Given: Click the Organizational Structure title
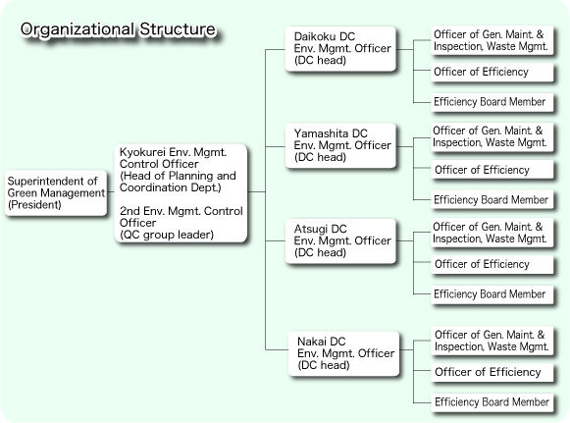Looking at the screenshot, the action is pos(118,29).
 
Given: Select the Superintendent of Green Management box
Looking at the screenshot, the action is pos(56,193).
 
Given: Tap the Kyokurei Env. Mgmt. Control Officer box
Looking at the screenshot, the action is pos(181,193).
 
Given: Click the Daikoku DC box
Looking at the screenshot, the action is pos(340,49).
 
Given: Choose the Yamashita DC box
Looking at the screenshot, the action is pos(340,145).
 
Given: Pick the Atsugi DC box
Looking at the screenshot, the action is pos(340,240).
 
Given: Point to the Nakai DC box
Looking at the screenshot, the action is pos(344,353).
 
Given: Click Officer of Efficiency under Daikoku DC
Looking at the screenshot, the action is pos(492,73).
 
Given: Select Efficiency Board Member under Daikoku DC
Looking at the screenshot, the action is pos(492,102).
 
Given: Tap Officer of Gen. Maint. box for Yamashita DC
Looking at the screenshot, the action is pos(492,137).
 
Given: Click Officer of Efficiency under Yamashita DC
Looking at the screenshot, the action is pos(492,170).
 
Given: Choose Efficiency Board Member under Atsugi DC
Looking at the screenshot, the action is pos(492,294).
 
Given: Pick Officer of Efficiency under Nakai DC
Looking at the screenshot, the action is pos(492,372).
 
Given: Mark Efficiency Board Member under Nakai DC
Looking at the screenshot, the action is pos(492,402).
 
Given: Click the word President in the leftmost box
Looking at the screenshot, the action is pos(34,205).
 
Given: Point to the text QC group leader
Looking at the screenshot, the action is pos(167,235).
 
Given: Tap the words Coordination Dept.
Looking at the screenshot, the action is pos(170,187).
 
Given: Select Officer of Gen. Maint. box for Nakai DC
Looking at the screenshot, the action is pos(492,341).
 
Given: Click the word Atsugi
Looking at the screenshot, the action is pos(310,229).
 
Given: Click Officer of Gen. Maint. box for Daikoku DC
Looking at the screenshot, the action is pos(492,40).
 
